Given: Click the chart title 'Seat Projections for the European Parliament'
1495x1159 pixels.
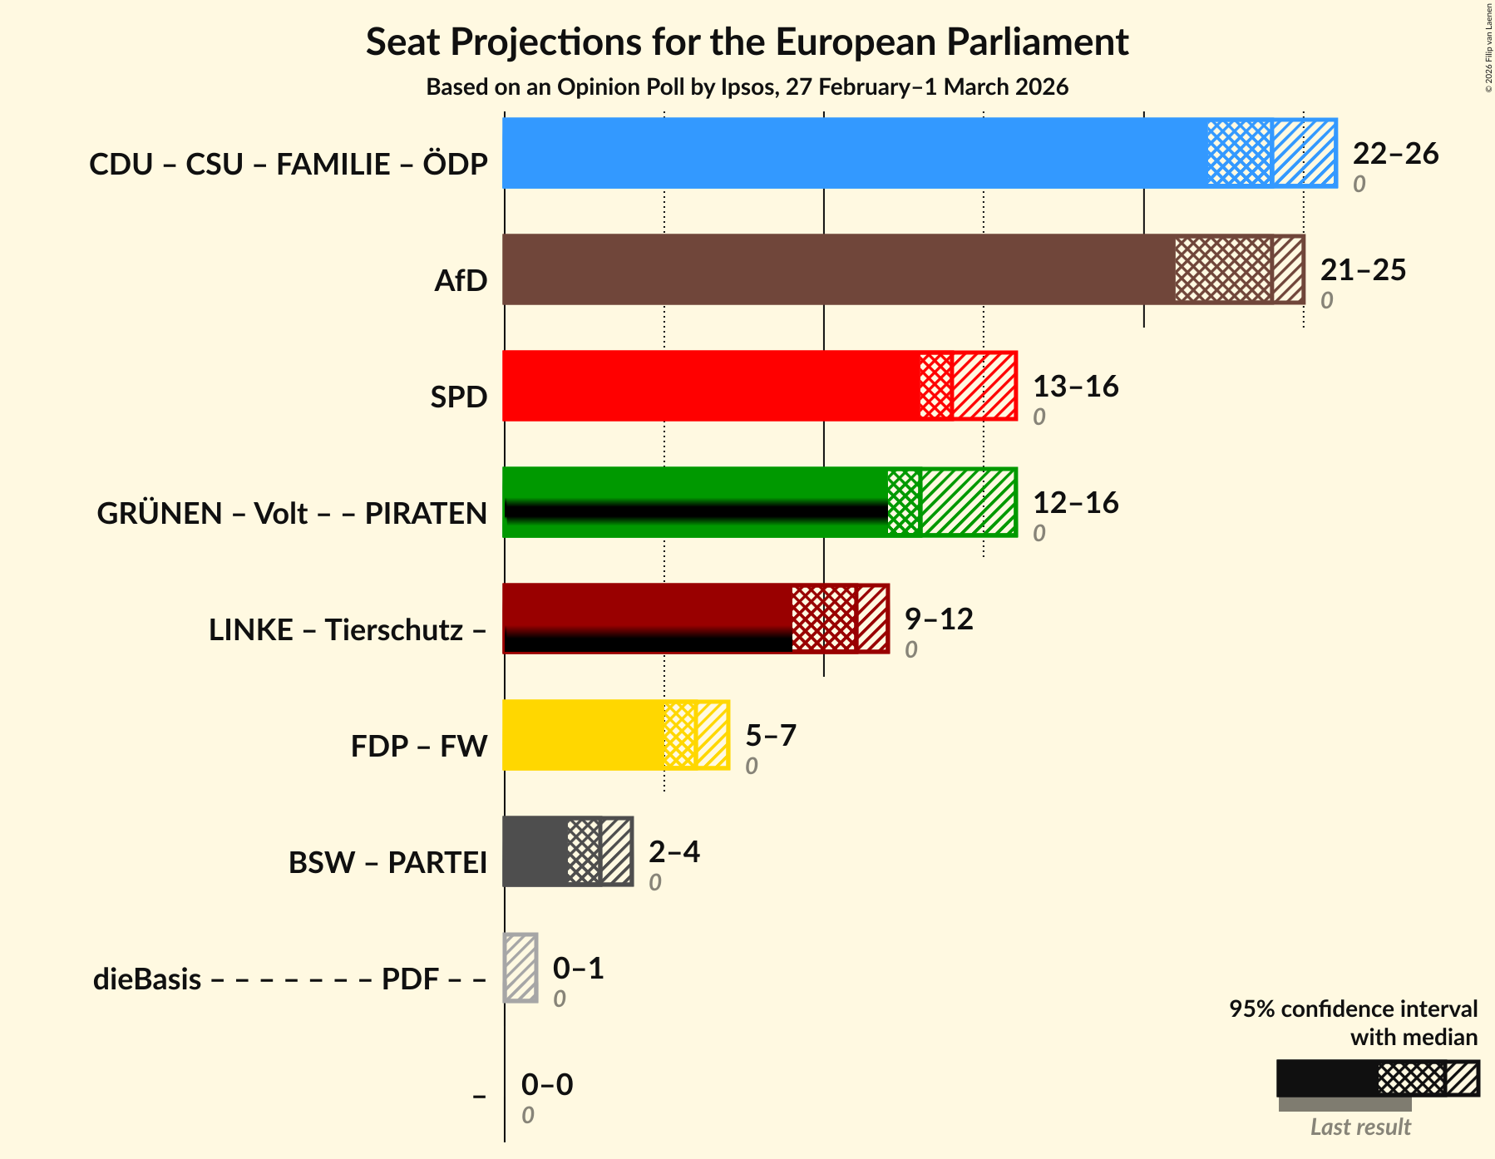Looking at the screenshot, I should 747,42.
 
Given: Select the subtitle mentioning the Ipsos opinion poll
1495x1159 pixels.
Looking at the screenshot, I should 747,87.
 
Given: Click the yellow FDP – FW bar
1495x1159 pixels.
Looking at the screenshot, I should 583,735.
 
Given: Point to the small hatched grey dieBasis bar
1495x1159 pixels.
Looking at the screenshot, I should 521,968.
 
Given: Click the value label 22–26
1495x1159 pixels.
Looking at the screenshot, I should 1395,154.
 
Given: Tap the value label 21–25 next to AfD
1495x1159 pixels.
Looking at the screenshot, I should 1363,270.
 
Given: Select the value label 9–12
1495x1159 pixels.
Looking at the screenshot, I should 939,619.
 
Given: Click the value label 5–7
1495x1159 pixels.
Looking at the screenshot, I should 770,736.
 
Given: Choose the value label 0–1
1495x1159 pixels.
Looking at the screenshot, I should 578,969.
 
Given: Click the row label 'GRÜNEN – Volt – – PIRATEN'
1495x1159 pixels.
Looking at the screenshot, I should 292,514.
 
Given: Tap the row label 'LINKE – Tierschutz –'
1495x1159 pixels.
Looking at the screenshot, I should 348,630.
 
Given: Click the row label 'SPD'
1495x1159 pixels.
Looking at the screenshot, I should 458,397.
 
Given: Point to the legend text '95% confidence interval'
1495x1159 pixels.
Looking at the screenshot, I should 1353,1009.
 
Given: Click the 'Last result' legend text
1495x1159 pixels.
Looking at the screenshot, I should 1360,1127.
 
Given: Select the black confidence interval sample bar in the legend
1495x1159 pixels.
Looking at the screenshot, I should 1327,1078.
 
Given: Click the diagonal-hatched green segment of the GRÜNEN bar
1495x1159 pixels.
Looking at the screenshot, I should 968,502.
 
